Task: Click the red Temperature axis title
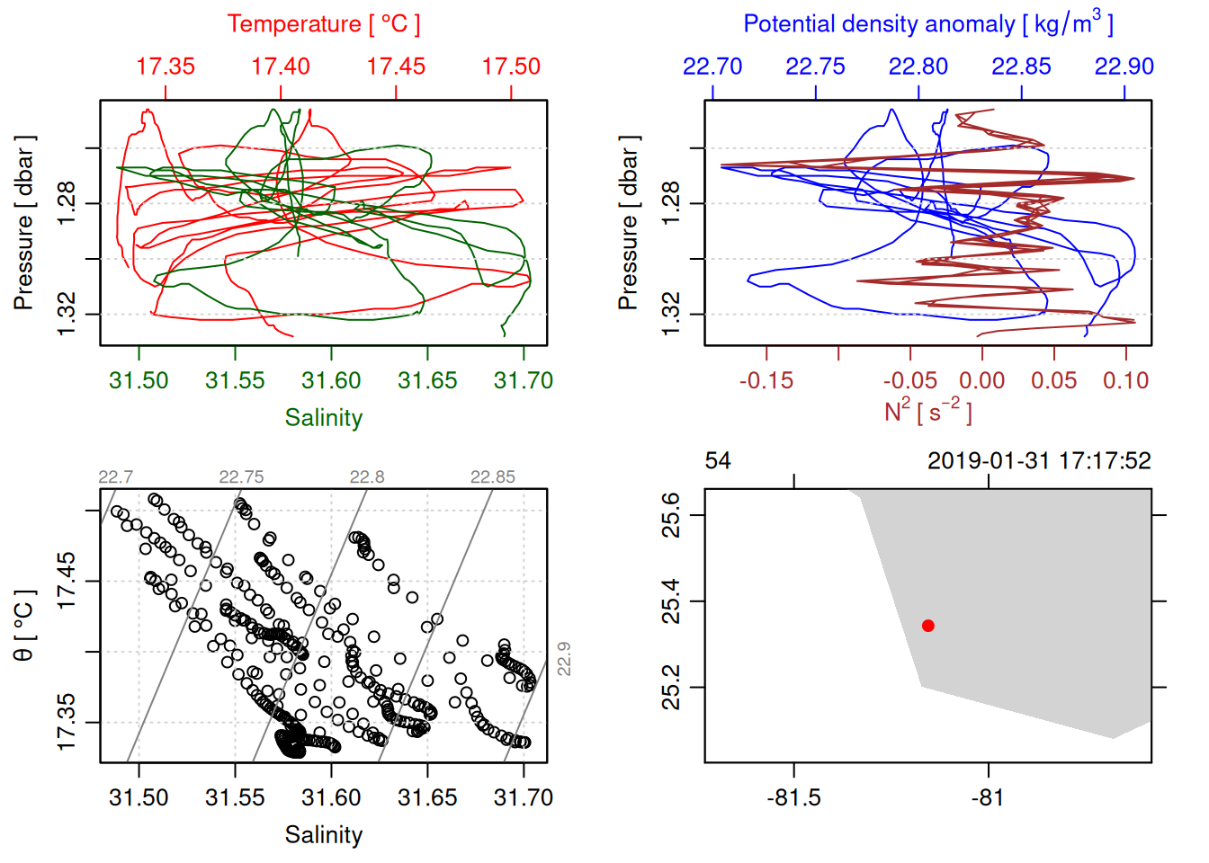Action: point(323,24)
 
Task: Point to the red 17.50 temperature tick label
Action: point(511,67)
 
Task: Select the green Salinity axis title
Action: point(323,418)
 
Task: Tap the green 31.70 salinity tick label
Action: point(524,380)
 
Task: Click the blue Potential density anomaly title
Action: point(927,23)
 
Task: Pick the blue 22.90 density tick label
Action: point(1124,67)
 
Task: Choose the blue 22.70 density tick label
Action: point(712,67)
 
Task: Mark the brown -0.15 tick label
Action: point(766,380)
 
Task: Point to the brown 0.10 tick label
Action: point(1125,380)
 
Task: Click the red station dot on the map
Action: point(928,626)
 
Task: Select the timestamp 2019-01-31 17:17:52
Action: point(1039,461)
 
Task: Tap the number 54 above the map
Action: point(718,461)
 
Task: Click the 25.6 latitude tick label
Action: point(671,515)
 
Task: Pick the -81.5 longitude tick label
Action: point(793,797)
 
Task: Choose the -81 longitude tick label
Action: point(988,797)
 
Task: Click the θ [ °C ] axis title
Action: point(23,626)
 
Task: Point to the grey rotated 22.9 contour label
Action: point(564,659)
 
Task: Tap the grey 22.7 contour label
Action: point(115,476)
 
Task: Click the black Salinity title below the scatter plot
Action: point(323,835)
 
